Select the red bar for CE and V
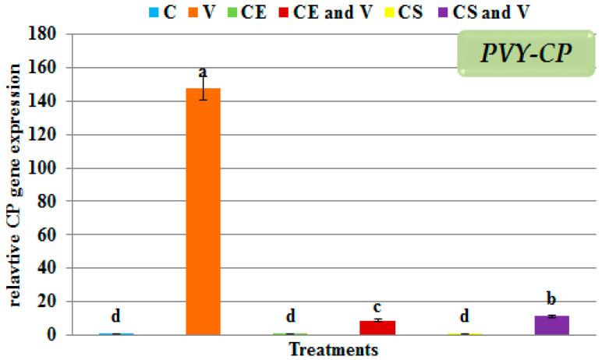coord(377,327)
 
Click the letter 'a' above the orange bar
coord(203,73)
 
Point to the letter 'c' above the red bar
coord(377,306)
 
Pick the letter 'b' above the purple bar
coord(551,300)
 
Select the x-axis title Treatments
coord(334,349)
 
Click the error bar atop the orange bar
coord(203,88)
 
